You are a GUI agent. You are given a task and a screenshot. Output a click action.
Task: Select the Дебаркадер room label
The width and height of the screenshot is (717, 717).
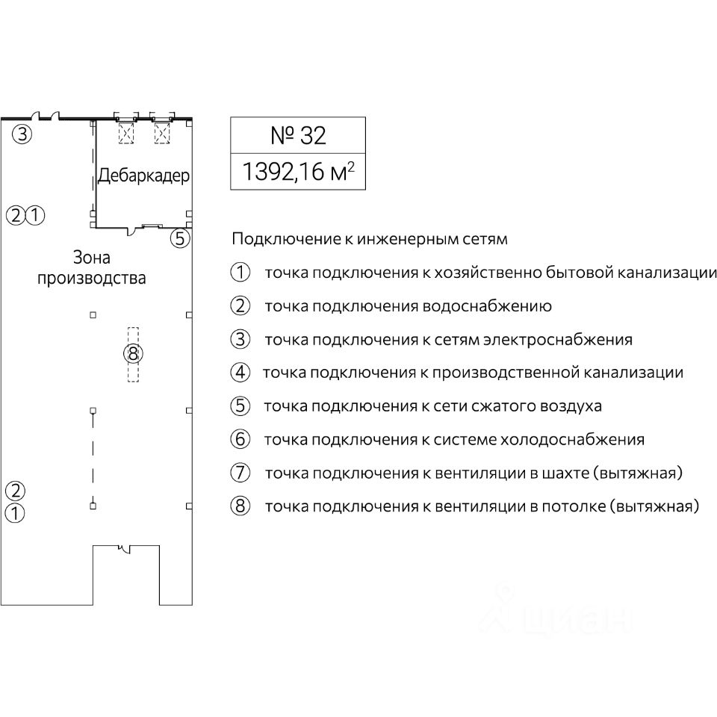[x=143, y=176]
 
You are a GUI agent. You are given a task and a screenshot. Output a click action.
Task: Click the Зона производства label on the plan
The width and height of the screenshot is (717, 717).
[x=91, y=268]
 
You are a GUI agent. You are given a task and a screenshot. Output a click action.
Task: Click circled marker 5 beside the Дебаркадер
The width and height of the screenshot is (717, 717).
[x=180, y=239]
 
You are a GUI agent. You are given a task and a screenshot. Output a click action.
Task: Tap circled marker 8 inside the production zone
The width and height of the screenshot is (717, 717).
[x=133, y=353]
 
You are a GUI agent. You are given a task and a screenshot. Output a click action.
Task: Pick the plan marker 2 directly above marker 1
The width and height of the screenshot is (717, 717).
[x=16, y=491]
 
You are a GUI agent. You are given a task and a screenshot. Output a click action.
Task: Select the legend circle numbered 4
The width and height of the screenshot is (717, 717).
[x=240, y=373]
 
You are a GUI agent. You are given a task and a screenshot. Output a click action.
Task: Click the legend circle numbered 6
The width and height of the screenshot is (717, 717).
[x=240, y=439]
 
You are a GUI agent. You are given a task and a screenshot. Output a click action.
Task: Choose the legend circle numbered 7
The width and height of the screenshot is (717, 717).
[x=240, y=473]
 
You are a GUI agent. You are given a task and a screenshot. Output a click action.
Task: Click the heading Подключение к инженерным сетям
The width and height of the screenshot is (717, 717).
[x=370, y=240]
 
